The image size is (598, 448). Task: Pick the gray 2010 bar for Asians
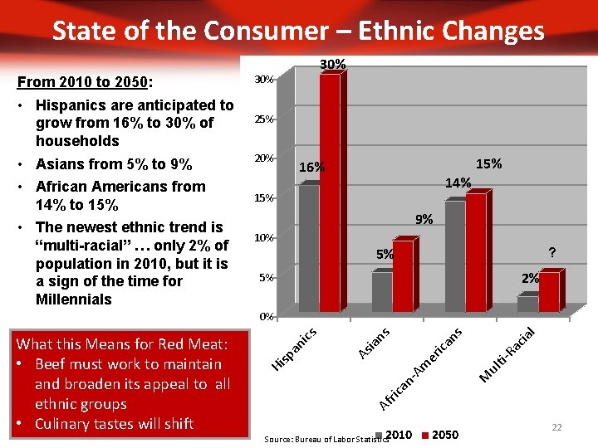[x=381, y=291]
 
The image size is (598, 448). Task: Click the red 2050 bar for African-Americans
[x=476, y=252]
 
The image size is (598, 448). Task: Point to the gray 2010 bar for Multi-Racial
[x=527, y=304]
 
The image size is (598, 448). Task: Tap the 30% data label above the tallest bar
[x=333, y=64]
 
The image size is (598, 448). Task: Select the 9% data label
[x=424, y=220]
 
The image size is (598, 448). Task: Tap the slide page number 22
[x=556, y=426]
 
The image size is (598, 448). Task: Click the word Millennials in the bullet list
[x=74, y=299]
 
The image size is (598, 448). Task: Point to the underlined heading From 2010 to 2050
[x=84, y=82]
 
